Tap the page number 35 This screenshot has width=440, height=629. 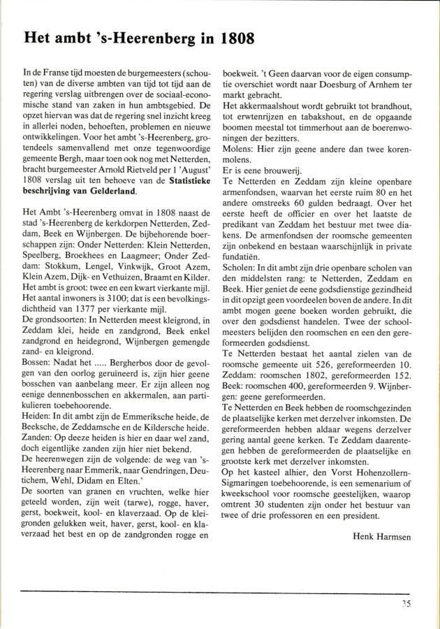click(411, 605)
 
